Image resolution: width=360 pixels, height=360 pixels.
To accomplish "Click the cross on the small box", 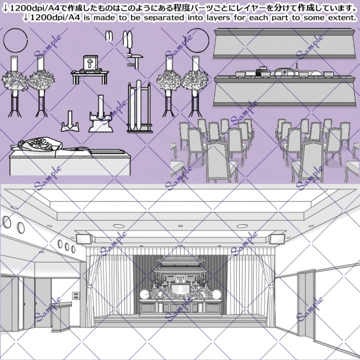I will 90,63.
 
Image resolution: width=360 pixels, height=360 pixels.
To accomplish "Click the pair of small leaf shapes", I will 108,37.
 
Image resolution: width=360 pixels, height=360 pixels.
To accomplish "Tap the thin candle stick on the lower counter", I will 297,68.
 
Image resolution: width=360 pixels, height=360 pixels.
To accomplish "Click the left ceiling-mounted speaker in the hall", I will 84,237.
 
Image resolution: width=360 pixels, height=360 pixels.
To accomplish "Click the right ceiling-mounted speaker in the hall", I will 276,238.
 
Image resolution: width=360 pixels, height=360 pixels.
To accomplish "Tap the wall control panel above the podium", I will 75,297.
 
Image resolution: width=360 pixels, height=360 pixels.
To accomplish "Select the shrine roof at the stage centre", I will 179,264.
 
